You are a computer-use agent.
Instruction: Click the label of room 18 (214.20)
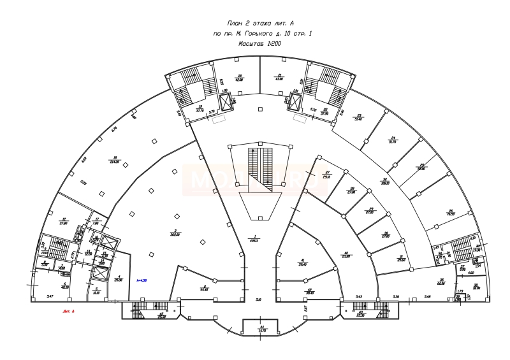point(115,160)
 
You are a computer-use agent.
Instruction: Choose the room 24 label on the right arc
point(393,140)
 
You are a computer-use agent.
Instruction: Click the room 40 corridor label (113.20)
point(346,255)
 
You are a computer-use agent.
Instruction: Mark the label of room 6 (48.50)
point(64,285)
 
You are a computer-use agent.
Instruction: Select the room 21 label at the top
point(279,77)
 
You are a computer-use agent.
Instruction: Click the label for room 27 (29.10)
point(327,175)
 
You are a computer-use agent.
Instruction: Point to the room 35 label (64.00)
point(441,282)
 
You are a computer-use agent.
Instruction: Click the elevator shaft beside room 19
point(227,101)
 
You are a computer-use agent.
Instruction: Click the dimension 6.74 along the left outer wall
point(115,129)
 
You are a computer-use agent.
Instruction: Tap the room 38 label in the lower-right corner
point(476,287)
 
